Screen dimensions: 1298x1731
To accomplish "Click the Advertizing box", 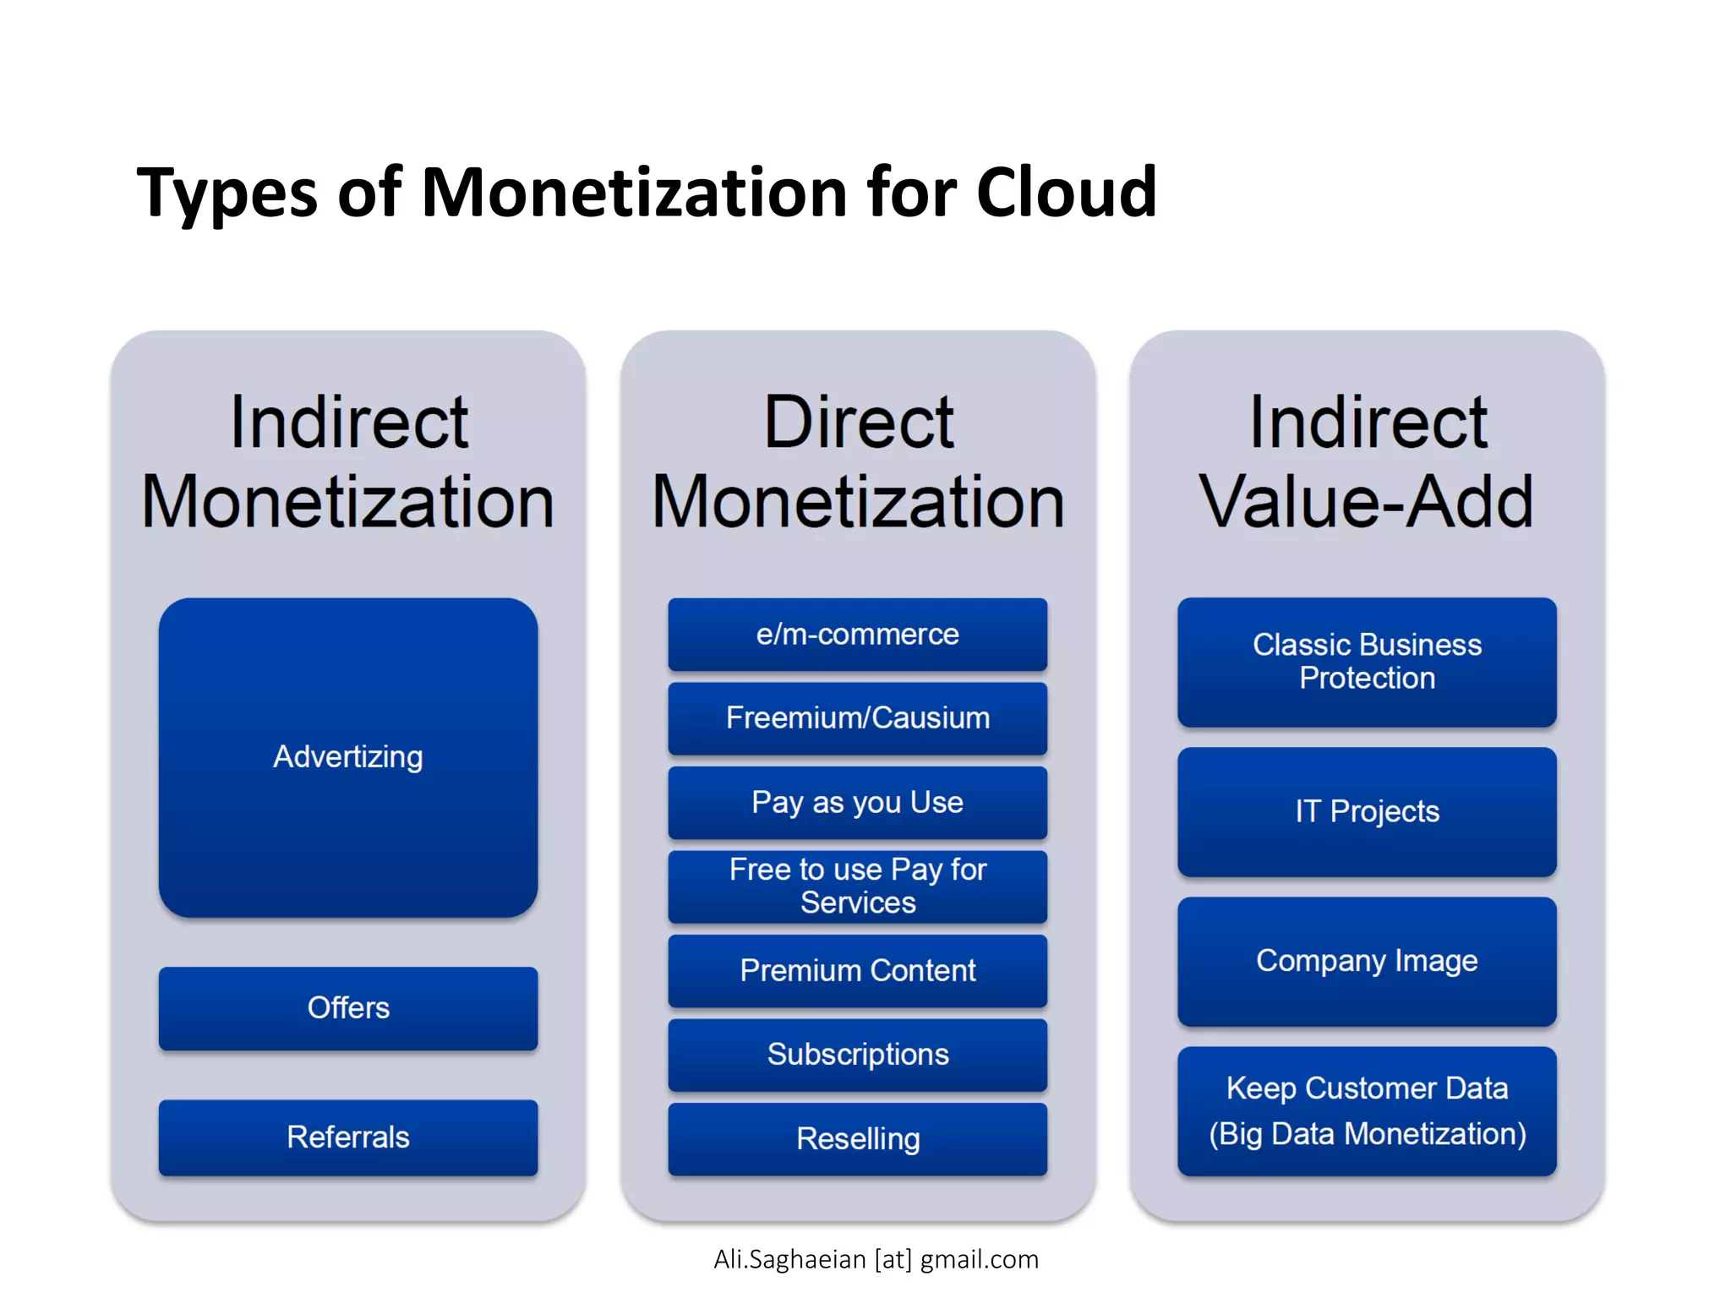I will (x=347, y=757).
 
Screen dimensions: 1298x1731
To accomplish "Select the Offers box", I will (x=347, y=1007).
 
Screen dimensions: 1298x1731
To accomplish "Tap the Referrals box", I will (x=347, y=1137).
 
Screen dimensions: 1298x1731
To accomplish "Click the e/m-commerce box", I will (x=857, y=634).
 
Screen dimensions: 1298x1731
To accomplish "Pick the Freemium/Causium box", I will (x=857, y=717).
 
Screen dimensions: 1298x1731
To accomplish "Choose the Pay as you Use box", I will (x=857, y=802).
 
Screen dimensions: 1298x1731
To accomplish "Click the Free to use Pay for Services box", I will (x=857, y=886).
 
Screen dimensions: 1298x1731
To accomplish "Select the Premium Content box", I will (x=857, y=970).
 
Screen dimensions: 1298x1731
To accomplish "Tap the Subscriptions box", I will (x=857, y=1054).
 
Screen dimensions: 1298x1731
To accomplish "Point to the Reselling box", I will (x=857, y=1138).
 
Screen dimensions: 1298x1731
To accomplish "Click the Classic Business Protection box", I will (x=1367, y=662).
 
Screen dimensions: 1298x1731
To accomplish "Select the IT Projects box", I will (x=1367, y=811).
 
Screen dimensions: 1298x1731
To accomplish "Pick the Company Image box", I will (x=1367, y=961).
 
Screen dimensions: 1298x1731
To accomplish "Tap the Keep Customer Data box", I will (x=1367, y=1110).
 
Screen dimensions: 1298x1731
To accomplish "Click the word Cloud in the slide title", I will (x=1066, y=193).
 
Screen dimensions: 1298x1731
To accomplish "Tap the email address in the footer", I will (x=876, y=1259).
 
